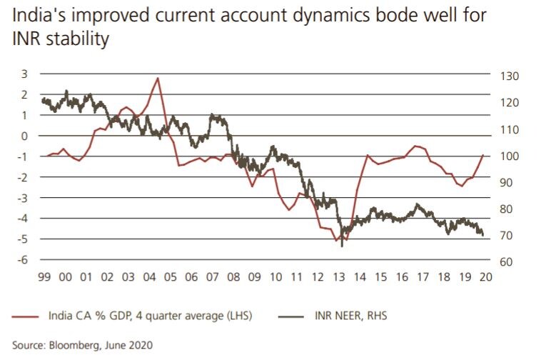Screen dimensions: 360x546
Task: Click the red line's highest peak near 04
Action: click(x=157, y=78)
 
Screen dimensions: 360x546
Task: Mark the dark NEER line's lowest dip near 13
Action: click(x=342, y=246)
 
